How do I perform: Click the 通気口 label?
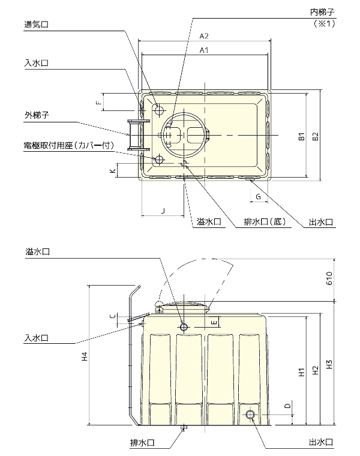coord(36,25)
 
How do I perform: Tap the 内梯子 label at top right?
coord(322,12)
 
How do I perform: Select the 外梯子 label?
coord(37,115)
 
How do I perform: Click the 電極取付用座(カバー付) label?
coord(68,145)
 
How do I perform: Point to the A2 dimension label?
coord(204,36)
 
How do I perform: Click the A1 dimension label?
coord(204,50)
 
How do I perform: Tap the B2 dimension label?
coord(316,136)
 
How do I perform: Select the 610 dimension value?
coord(329,278)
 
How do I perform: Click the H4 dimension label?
coord(85,356)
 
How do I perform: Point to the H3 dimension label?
coord(329,364)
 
